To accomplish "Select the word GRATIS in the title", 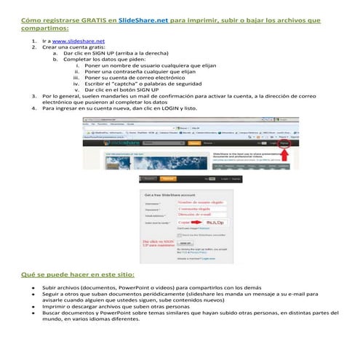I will [87, 20].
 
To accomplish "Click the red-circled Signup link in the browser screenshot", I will [284, 143].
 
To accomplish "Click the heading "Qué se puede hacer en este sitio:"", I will [78, 274].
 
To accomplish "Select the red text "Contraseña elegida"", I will [199, 209].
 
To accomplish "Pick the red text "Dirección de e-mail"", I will [198, 215].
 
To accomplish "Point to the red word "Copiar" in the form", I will [185, 223].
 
